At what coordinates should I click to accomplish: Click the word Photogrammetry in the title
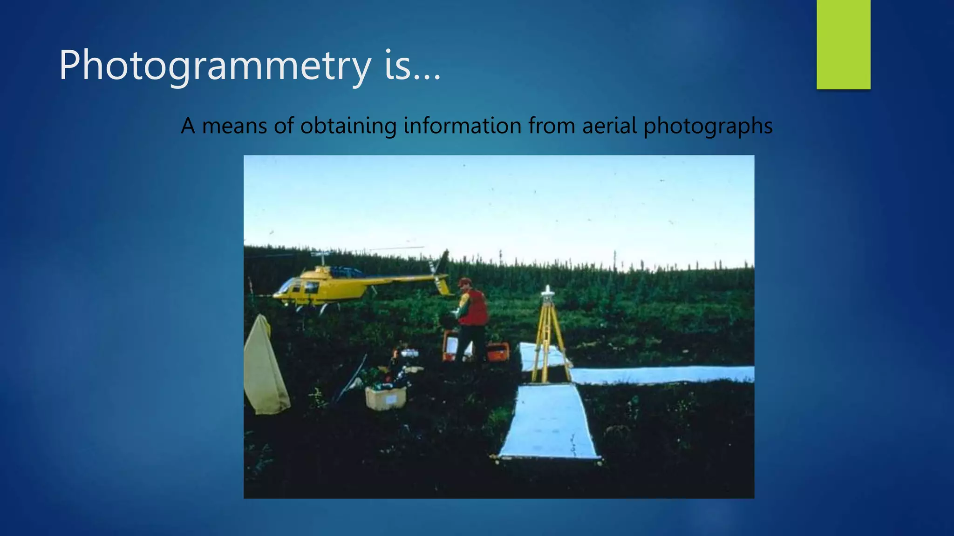pyautogui.click(x=214, y=66)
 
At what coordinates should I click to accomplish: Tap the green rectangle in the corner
pyautogui.click(x=843, y=44)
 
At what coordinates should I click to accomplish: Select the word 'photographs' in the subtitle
pyautogui.click(x=708, y=127)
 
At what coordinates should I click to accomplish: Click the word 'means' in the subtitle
pyautogui.click(x=234, y=126)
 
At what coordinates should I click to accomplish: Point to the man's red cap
pyautogui.click(x=464, y=281)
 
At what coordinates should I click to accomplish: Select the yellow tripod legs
pyautogui.click(x=550, y=340)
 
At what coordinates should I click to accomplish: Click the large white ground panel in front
pyautogui.click(x=549, y=421)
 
